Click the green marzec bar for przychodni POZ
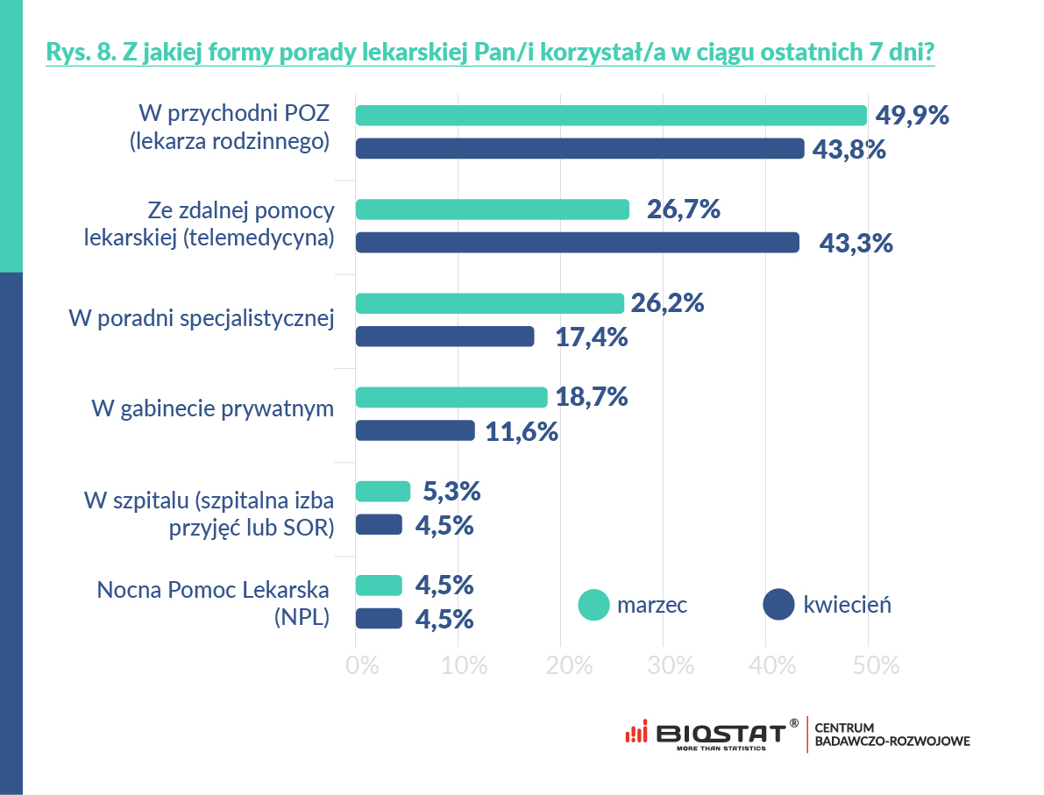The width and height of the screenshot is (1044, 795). pyautogui.click(x=611, y=116)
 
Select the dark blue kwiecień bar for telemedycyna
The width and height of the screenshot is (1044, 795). pyautogui.click(x=577, y=243)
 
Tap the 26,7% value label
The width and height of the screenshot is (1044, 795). pyautogui.click(x=683, y=209)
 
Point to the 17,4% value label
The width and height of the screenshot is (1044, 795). pyautogui.click(x=592, y=337)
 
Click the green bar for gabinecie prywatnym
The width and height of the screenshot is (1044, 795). pyautogui.click(x=451, y=397)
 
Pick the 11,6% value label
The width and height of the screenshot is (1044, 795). pyautogui.click(x=522, y=431)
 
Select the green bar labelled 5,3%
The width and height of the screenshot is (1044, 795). pyautogui.click(x=383, y=492)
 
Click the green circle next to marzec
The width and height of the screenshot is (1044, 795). pyautogui.click(x=594, y=605)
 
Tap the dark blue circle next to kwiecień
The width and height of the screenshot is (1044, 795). pyautogui.click(x=778, y=605)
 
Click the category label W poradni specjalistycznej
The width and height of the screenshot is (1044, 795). pyautogui.click(x=202, y=318)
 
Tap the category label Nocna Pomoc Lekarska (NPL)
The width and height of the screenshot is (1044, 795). pyautogui.click(x=213, y=602)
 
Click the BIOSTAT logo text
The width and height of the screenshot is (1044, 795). pyautogui.click(x=721, y=733)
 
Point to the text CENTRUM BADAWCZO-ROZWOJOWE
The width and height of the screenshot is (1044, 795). pyautogui.click(x=891, y=735)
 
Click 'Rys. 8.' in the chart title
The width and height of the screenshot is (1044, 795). pyautogui.click(x=75, y=53)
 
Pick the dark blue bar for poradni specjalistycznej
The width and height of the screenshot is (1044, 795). pyautogui.click(x=445, y=337)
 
